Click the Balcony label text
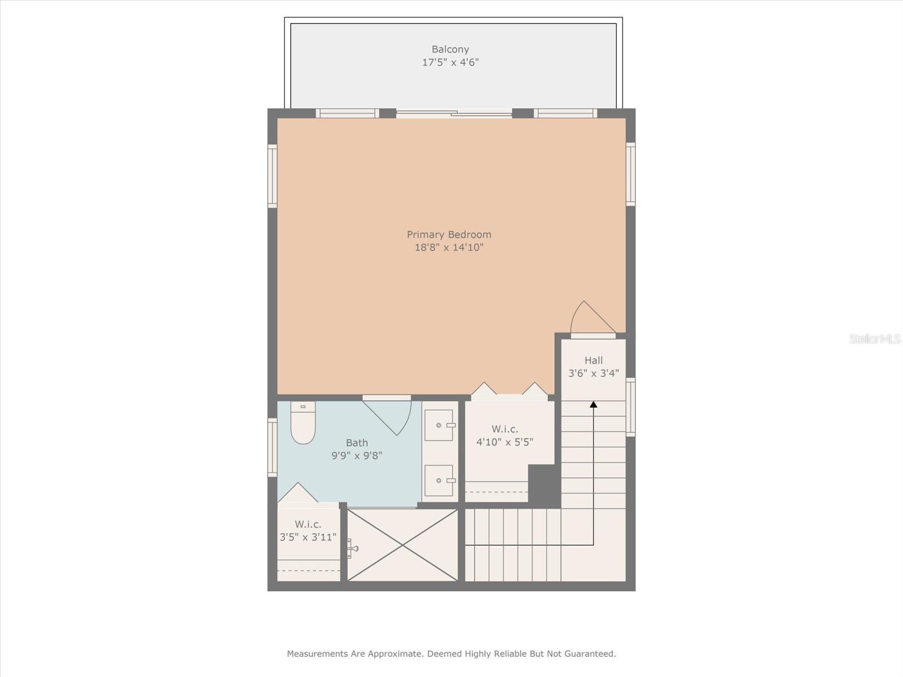[450, 49]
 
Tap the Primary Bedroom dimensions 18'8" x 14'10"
[449, 247]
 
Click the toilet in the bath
[303, 424]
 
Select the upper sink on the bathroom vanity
[439, 425]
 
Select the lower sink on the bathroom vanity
[439, 481]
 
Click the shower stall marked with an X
[402, 544]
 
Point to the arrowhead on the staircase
[593, 405]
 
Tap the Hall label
[593, 360]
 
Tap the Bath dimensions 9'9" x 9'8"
[357, 456]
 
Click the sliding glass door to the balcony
[454, 113]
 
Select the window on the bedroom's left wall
[272, 175]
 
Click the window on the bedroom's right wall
[630, 174]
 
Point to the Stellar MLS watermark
[874, 338]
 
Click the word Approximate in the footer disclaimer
[394, 654]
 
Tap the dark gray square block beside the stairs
[544, 485]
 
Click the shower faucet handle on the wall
[352, 548]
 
